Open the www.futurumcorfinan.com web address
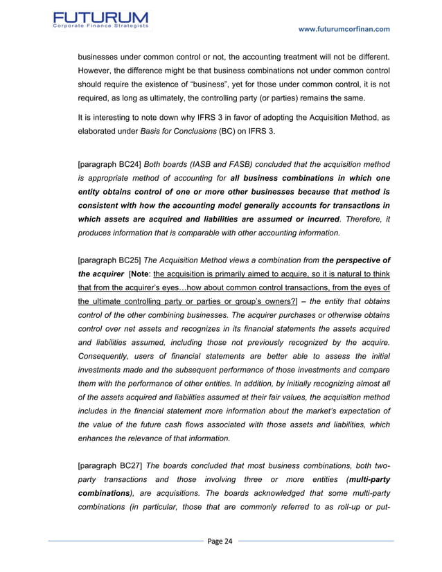coord(343,28)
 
